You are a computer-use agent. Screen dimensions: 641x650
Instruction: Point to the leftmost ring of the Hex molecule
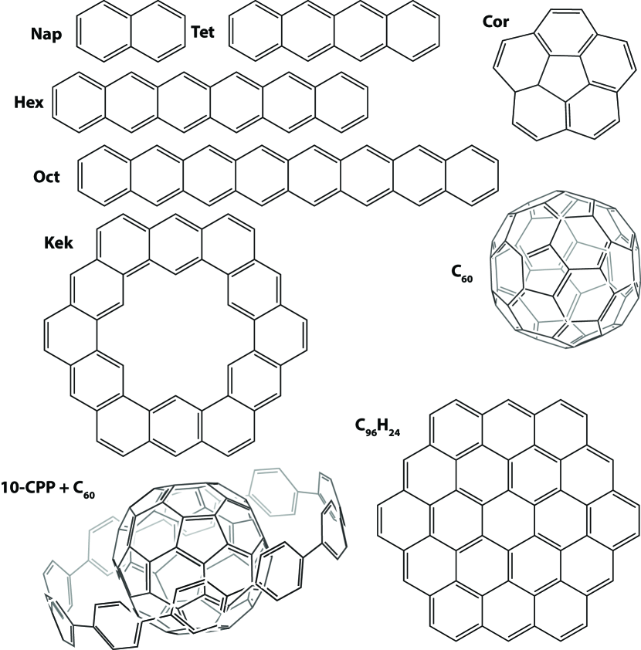(x=80, y=100)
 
